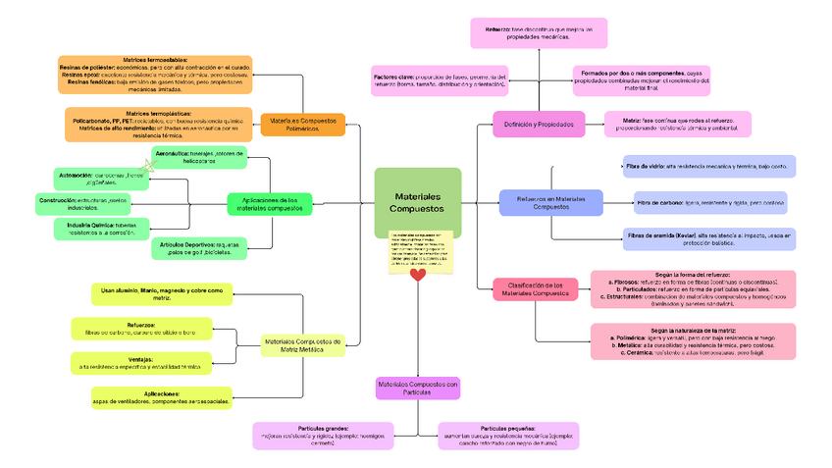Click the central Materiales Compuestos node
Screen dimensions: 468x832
coord(417,203)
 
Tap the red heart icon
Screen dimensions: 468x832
coord(418,275)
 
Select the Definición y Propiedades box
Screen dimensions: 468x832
coord(538,125)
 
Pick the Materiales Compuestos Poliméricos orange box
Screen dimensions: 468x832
coord(302,125)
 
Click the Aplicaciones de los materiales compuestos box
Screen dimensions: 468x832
coord(270,203)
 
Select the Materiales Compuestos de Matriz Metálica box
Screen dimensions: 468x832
coord(302,344)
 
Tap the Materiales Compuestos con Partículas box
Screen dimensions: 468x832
coord(418,388)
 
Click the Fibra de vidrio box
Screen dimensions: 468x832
coord(708,166)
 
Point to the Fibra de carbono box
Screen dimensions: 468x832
coord(709,203)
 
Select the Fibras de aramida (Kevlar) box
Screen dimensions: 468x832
coord(708,239)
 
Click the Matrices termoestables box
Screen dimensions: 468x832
coord(156,75)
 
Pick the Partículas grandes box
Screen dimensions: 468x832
coord(323,436)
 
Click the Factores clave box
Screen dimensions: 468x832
coord(440,80)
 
